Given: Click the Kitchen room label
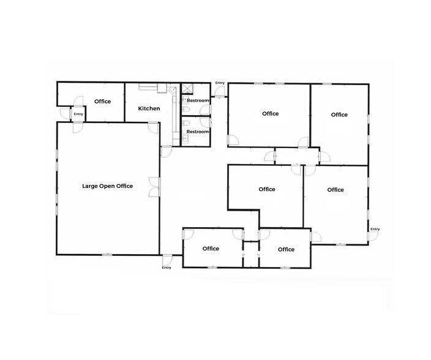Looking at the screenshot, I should point(149,108).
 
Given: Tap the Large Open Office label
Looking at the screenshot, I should point(107,186).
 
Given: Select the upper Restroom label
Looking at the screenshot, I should point(198,100).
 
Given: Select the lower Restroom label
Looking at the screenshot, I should point(198,132).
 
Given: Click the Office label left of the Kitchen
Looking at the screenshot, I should point(102,101).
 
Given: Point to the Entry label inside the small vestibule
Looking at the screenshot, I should point(78,114).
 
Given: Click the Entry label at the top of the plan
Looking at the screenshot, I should point(220,83).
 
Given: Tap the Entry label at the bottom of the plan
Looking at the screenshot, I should point(167,268).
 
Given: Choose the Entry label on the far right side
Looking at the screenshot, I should point(375,229).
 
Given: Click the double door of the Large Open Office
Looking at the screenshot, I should point(154,187).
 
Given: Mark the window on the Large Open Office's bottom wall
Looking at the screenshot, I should point(108,254).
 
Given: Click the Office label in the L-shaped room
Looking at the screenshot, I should point(267,189).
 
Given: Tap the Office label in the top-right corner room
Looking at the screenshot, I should point(339,114).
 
